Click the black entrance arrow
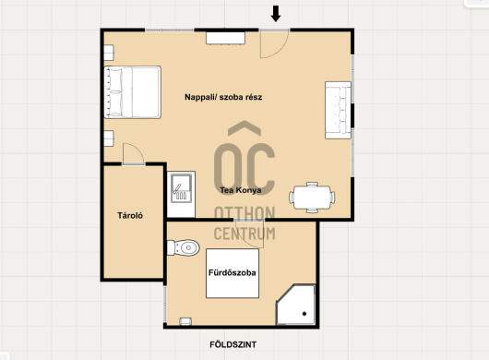(x=275, y=14)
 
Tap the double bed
(x=132, y=92)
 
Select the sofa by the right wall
(x=338, y=110)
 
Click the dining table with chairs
(x=312, y=198)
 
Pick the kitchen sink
(x=181, y=188)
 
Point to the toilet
(x=184, y=247)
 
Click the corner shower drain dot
(x=304, y=314)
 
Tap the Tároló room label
(x=130, y=215)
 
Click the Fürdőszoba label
(x=232, y=272)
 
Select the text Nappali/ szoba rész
(x=223, y=97)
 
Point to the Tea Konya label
(x=241, y=190)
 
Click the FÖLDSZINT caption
(x=233, y=344)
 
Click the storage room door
(x=134, y=153)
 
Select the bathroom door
(x=249, y=234)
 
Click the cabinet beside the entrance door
(x=225, y=38)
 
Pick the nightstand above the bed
(x=109, y=53)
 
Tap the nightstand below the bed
(x=109, y=138)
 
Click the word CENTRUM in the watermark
(x=244, y=234)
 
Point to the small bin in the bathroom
(x=185, y=321)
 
